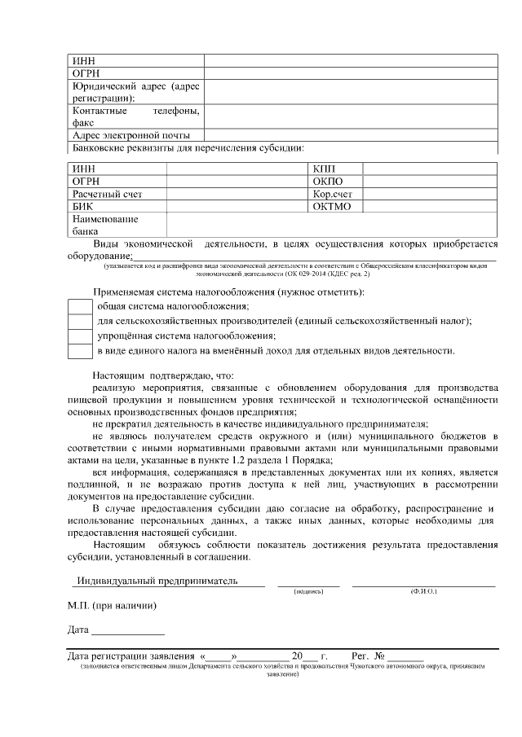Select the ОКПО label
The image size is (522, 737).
[328, 181]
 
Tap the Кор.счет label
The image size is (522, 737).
[332, 194]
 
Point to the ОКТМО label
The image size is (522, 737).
[331, 207]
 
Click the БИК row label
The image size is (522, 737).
[83, 207]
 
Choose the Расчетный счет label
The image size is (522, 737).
[107, 194]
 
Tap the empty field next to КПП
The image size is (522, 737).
[430, 169]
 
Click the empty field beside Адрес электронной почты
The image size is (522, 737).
[351, 135]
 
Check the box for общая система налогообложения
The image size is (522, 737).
[79, 306]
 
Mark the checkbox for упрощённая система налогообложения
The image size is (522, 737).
[79, 336]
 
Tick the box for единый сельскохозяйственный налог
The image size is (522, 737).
[79, 321]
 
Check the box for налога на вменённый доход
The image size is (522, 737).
[79, 351]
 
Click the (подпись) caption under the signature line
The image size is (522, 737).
[308, 590]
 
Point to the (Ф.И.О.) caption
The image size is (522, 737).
[423, 590]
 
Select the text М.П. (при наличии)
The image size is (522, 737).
[112, 606]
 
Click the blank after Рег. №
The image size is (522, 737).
[405, 656]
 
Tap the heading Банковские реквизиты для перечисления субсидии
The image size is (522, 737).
[188, 148]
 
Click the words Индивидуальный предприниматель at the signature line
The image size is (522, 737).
[156, 581]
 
